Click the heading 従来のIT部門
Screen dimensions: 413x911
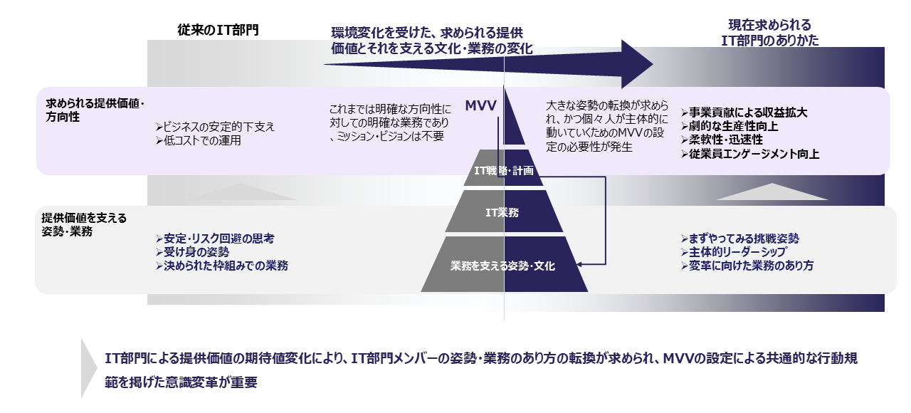[x=218, y=31]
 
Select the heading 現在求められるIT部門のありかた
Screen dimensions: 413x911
[x=769, y=33]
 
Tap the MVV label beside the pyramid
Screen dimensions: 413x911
[x=480, y=105]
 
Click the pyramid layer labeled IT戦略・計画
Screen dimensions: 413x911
[x=504, y=171]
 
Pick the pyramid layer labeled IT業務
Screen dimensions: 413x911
[x=504, y=211]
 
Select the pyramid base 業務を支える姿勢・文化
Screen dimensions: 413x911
[x=504, y=266]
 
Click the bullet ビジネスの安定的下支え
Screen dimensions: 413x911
[x=215, y=127]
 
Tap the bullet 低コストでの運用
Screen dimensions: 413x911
[x=199, y=140]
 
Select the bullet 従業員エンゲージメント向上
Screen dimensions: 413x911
[x=750, y=153]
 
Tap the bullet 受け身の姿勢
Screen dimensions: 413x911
[x=193, y=251]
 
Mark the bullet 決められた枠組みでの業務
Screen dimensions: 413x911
[x=222, y=265]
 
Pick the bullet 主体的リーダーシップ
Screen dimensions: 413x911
[x=733, y=252]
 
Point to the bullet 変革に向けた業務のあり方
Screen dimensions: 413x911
[x=747, y=266]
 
